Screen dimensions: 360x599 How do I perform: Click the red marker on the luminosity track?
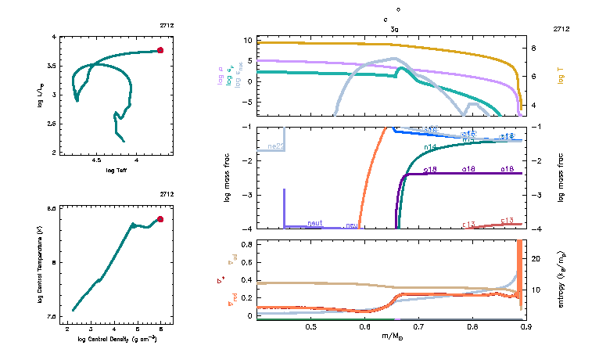click(x=160, y=50)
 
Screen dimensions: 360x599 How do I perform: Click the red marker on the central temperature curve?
click(x=160, y=219)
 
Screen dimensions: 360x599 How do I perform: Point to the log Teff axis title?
click(x=117, y=170)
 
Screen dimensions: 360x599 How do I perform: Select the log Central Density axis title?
click(x=117, y=337)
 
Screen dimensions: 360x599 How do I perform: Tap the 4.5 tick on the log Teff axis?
click(x=97, y=160)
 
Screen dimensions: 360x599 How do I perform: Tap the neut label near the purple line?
click(x=315, y=223)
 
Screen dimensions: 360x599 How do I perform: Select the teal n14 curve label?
click(x=429, y=146)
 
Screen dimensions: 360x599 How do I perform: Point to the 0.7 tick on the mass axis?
click(x=418, y=326)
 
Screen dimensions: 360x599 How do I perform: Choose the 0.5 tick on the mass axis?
click(x=310, y=326)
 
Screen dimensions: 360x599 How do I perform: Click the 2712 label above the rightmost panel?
click(x=561, y=28)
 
